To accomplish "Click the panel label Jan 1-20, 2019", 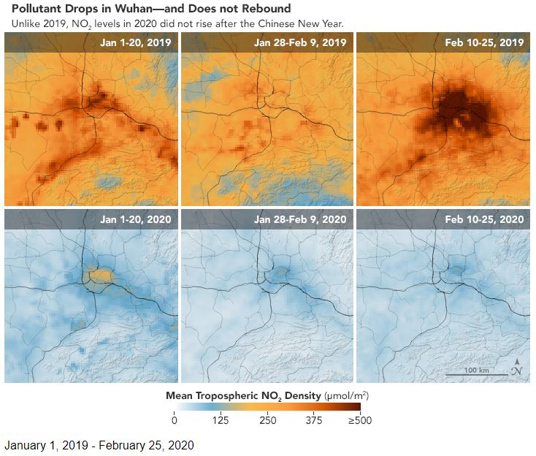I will (x=136, y=43).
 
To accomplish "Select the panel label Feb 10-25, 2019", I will (x=484, y=43).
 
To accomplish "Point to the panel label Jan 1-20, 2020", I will (x=136, y=219).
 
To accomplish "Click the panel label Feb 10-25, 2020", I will (x=484, y=219).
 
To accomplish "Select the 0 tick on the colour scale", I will (x=174, y=419).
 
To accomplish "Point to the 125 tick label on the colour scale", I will (x=221, y=419).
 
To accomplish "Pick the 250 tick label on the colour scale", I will (x=267, y=419).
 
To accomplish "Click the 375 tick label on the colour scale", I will (x=313, y=419).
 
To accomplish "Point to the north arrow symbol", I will (x=517, y=367).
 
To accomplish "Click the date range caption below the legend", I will (x=99, y=444).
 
